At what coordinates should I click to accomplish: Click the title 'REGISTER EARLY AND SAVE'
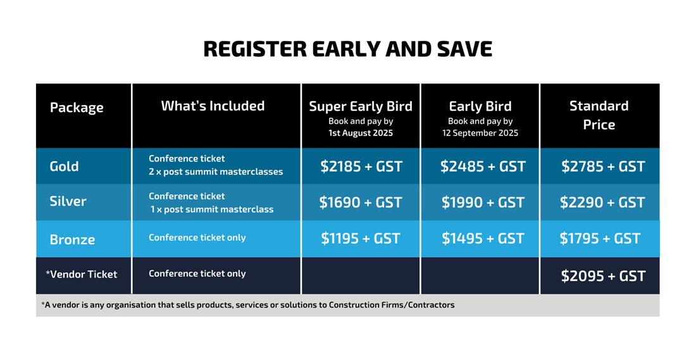[347, 49]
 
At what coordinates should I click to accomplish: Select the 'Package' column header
[77, 108]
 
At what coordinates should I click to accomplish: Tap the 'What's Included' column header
[213, 106]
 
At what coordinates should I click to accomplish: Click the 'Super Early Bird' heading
[361, 106]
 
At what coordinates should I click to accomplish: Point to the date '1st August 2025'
[361, 133]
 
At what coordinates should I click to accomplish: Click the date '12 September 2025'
[480, 133]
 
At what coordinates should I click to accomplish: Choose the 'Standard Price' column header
[599, 115]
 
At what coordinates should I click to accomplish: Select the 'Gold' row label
[64, 166]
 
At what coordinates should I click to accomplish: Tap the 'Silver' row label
[68, 201]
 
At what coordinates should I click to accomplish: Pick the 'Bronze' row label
[72, 240]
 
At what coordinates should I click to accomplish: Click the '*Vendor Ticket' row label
[81, 275]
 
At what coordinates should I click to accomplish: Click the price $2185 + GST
[361, 166]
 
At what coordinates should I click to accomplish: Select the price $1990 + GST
[483, 202]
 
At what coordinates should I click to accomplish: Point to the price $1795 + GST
[600, 239]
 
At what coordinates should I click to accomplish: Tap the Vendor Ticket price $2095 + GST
[603, 276]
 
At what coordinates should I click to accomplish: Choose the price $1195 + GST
[361, 239]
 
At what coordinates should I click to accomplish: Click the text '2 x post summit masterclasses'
[216, 172]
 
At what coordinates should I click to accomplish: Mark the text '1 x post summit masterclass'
[212, 209]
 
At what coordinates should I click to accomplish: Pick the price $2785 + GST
[603, 166]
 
